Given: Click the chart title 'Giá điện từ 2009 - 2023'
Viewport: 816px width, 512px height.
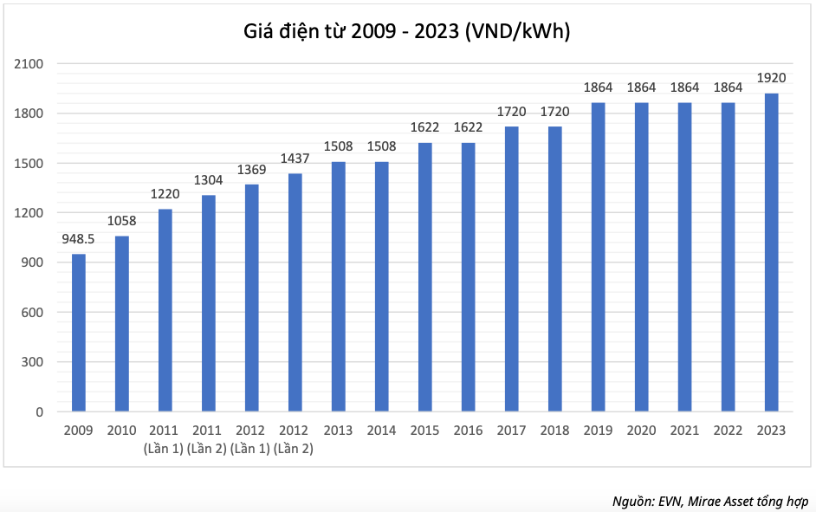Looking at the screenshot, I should point(407,32).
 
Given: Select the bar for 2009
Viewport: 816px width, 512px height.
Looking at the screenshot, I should point(79,333).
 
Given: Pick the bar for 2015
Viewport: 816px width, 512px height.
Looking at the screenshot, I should point(425,277).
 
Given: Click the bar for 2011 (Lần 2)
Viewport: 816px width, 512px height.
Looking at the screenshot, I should point(209,303).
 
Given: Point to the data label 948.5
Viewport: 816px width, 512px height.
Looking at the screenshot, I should point(79,239).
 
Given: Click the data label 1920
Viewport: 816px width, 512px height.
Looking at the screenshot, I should point(771,79).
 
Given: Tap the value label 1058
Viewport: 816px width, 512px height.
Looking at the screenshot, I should point(122,221).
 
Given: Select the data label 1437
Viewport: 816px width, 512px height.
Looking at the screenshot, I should point(295,159).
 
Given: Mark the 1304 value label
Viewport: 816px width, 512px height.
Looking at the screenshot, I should point(209,180).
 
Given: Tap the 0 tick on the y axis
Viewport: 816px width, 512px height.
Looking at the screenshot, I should point(40,412).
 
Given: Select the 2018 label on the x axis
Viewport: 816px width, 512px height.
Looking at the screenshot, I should point(555,430).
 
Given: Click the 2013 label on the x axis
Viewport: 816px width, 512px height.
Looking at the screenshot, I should point(339,430).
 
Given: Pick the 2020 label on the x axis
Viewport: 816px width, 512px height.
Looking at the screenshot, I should point(642,430).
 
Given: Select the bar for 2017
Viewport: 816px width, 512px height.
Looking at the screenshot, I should point(512,269).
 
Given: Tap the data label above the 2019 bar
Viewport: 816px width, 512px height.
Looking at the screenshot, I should point(599,87).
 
